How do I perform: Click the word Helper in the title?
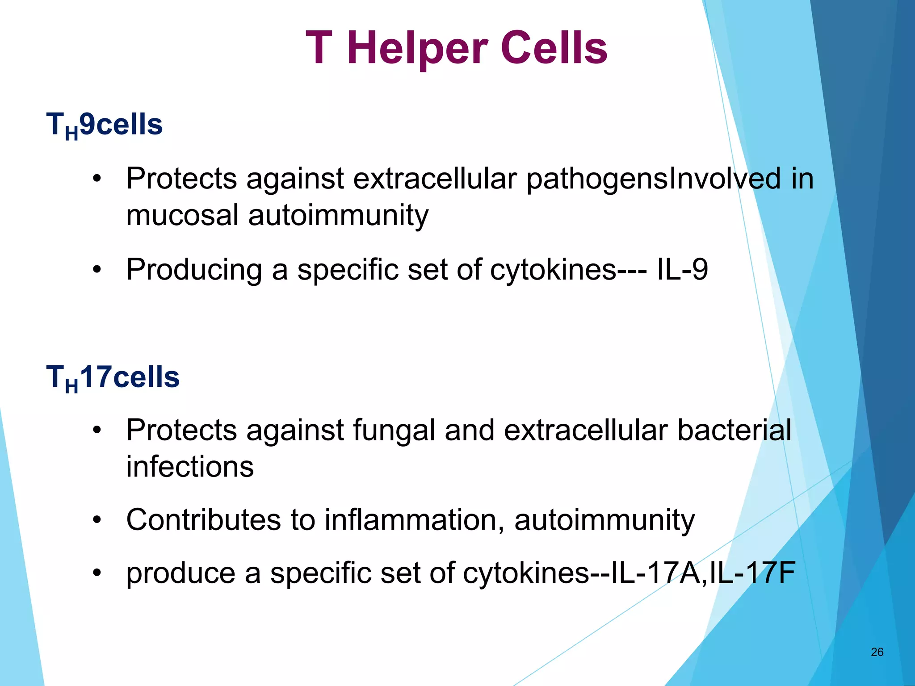click(416, 48)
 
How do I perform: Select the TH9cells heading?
click(105, 125)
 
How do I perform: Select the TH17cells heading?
click(113, 377)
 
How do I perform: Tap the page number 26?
click(877, 652)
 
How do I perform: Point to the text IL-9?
click(682, 270)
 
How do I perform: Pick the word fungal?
click(394, 431)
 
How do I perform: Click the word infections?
click(190, 467)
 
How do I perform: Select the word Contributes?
click(203, 520)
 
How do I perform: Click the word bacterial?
click(734, 431)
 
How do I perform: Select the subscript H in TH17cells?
click(71, 386)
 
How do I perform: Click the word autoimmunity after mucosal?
click(338, 215)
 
